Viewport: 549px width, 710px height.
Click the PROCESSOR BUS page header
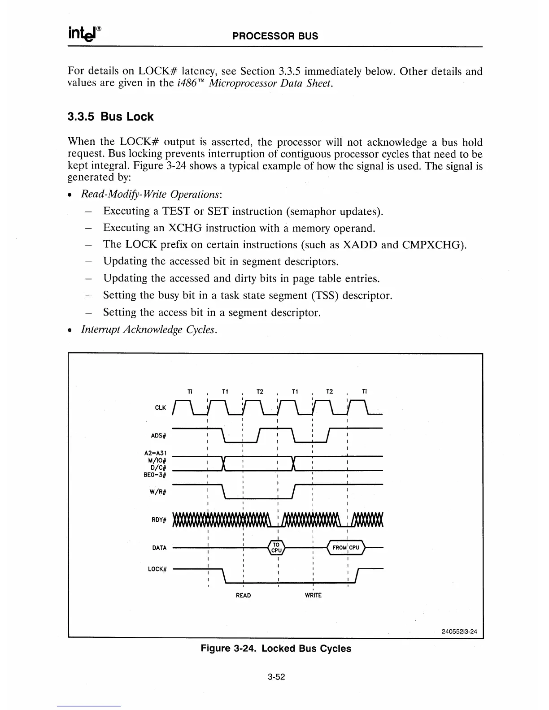(x=275, y=36)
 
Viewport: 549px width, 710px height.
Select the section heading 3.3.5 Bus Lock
(x=110, y=117)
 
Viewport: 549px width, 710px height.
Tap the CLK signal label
(x=160, y=408)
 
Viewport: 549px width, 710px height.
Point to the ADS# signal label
(x=159, y=435)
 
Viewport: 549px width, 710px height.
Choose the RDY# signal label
(x=159, y=520)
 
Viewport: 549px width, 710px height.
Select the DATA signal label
(x=159, y=548)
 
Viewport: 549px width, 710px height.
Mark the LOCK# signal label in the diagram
(x=157, y=569)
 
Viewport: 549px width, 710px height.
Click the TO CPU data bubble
(x=277, y=548)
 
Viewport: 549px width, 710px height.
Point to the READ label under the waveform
(x=243, y=595)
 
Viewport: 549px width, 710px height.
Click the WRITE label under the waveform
(x=313, y=595)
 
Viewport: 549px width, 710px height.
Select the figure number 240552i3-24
(x=459, y=632)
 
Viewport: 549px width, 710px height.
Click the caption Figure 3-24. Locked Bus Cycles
(x=275, y=649)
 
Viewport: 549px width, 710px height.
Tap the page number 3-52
(x=275, y=677)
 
